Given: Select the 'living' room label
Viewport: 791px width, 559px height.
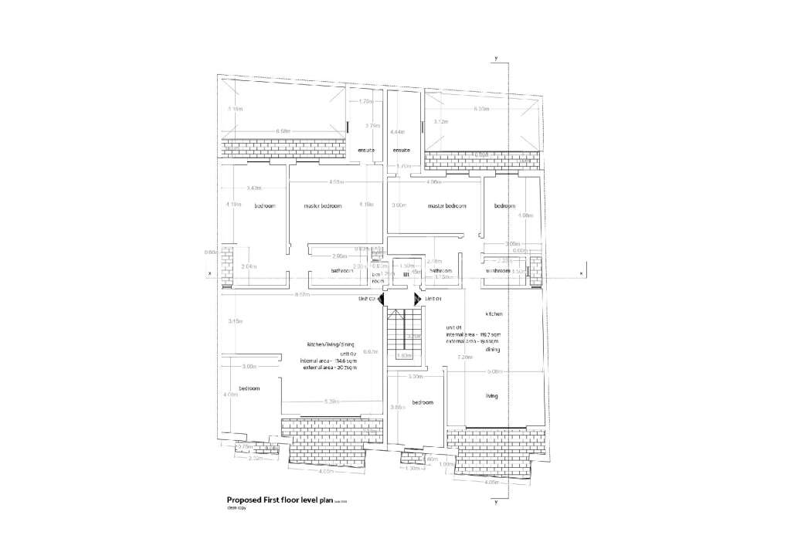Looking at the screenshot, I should pyautogui.click(x=491, y=396).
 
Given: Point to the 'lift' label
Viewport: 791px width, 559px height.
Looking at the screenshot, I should pyautogui.click(x=406, y=273).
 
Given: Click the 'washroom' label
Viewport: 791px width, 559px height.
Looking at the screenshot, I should pyautogui.click(x=498, y=271).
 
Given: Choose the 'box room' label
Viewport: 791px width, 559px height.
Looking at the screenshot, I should pyautogui.click(x=378, y=278).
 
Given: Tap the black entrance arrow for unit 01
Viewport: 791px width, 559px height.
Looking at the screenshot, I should pyautogui.click(x=418, y=299).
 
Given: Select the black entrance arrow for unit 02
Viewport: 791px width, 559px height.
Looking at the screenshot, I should pyautogui.click(x=381, y=299).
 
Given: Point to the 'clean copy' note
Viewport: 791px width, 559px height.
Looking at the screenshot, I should pyautogui.click(x=236, y=510).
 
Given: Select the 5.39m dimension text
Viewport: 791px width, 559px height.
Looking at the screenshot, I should pyautogui.click(x=332, y=401).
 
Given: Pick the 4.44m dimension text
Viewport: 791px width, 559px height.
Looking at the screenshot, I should pyautogui.click(x=398, y=133).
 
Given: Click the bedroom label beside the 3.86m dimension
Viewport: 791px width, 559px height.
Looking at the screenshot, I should pyautogui.click(x=423, y=403).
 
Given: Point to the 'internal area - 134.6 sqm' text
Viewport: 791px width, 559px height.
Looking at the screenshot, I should pyautogui.click(x=328, y=361).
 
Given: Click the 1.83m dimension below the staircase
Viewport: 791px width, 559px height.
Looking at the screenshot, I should pyautogui.click(x=404, y=356).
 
